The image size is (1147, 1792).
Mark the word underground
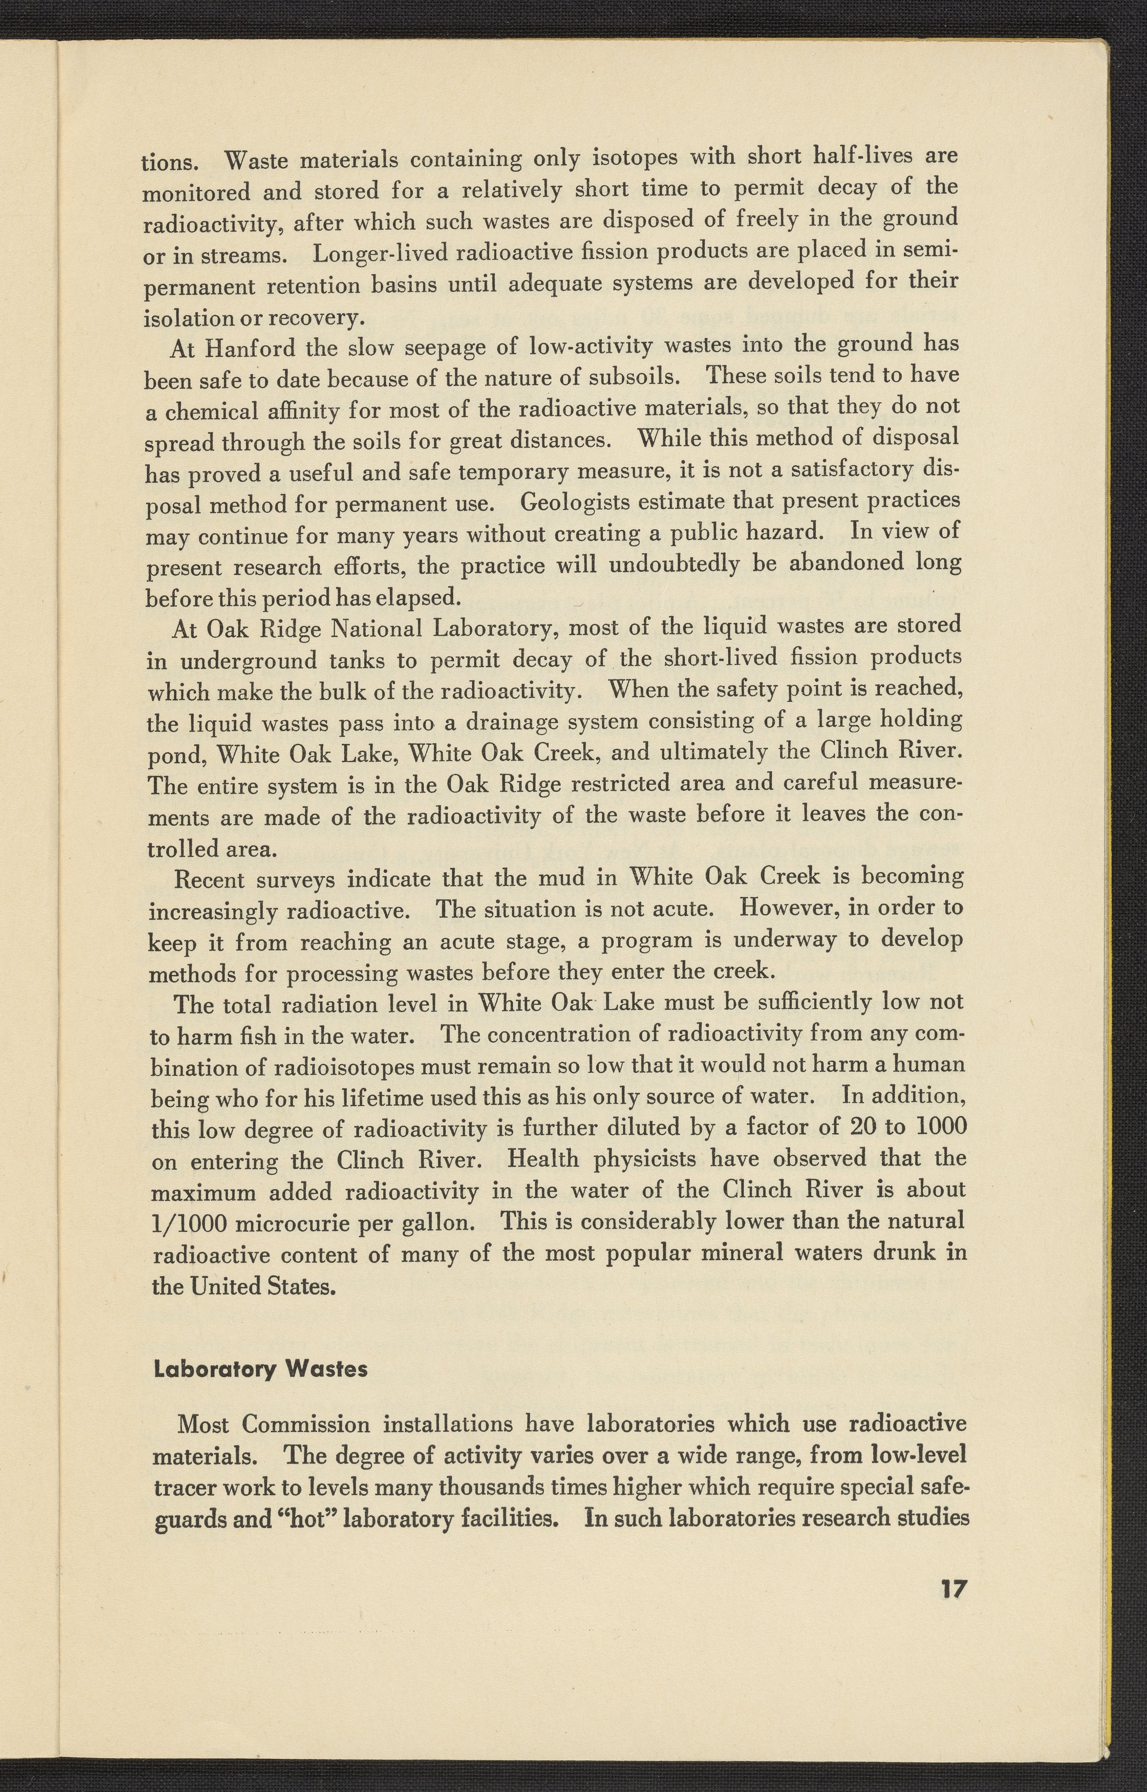[249, 662]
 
